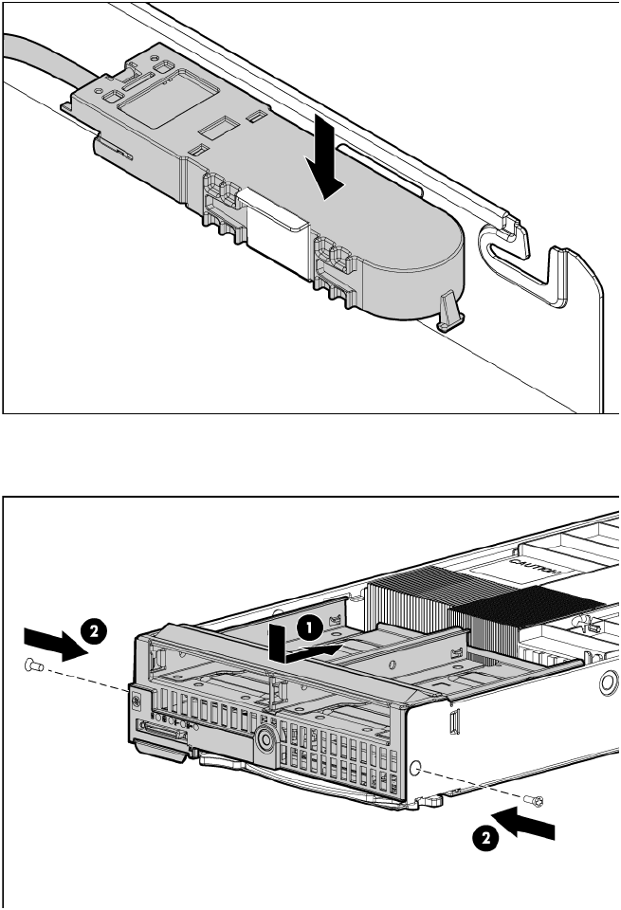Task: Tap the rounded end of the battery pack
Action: point(418,255)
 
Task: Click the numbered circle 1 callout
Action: point(309,628)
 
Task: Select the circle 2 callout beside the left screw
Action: point(94,631)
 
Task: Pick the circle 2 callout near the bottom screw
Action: point(485,838)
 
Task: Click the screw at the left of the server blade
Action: point(34,665)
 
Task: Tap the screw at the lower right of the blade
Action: point(534,801)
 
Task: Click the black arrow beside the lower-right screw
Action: point(524,822)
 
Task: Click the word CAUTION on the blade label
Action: point(535,568)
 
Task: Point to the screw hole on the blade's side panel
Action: point(415,769)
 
